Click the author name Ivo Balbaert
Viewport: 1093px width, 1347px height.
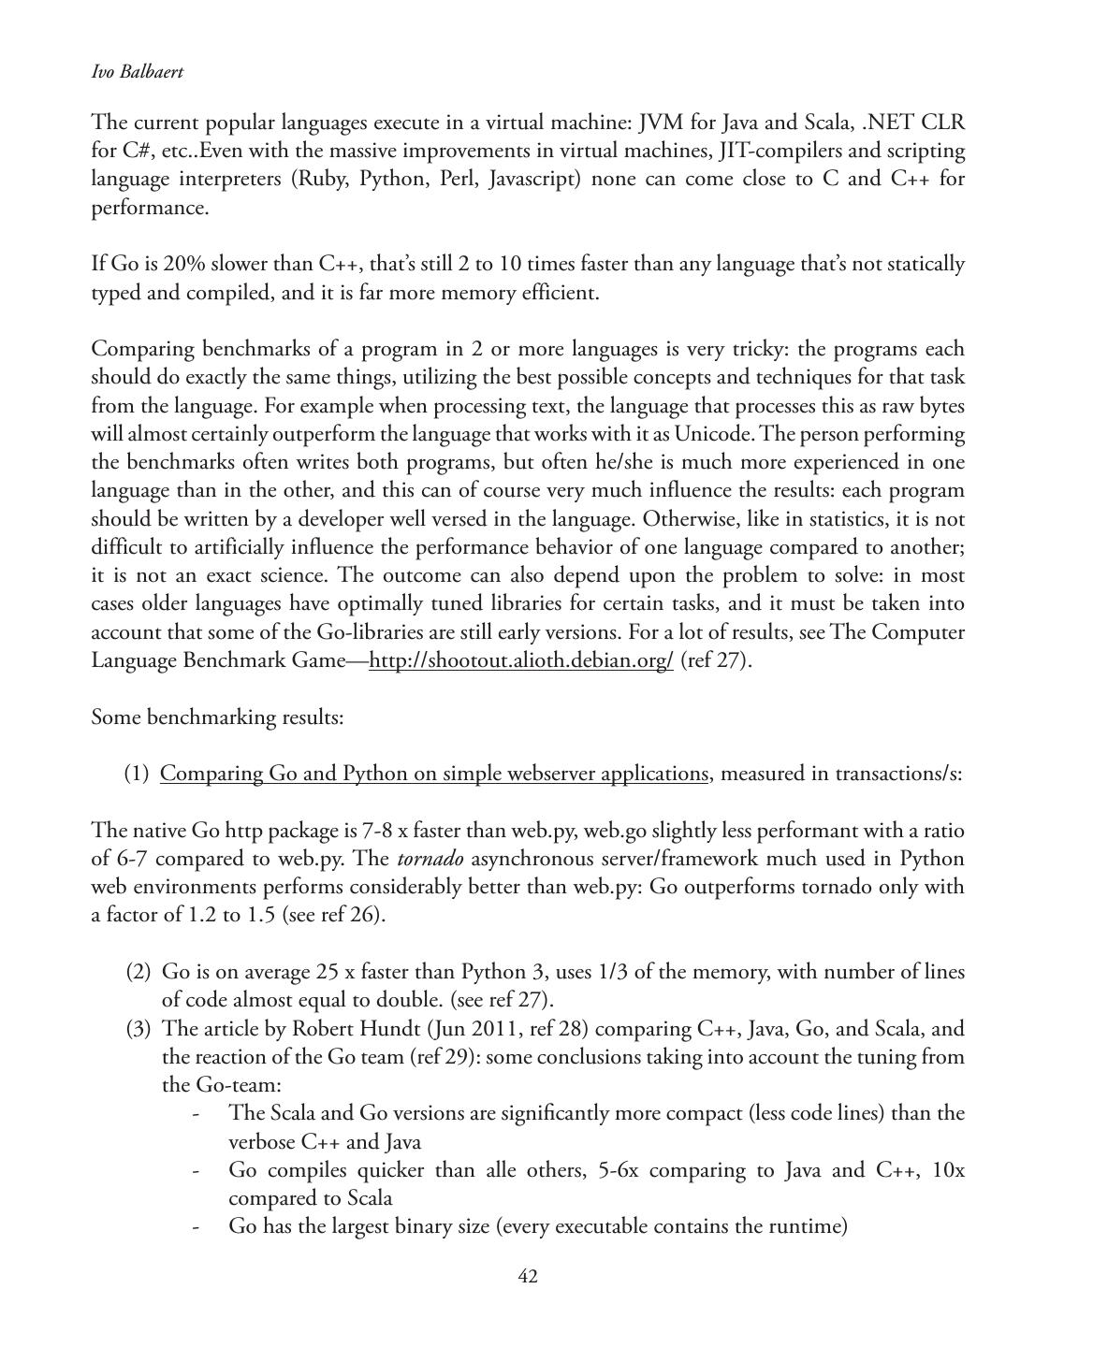point(137,72)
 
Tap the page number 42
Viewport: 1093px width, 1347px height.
point(528,1277)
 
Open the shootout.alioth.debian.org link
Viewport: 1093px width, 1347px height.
point(521,660)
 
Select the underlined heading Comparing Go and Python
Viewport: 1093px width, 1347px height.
point(434,774)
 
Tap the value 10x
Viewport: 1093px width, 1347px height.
point(949,1170)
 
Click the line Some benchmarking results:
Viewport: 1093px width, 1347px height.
point(218,717)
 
